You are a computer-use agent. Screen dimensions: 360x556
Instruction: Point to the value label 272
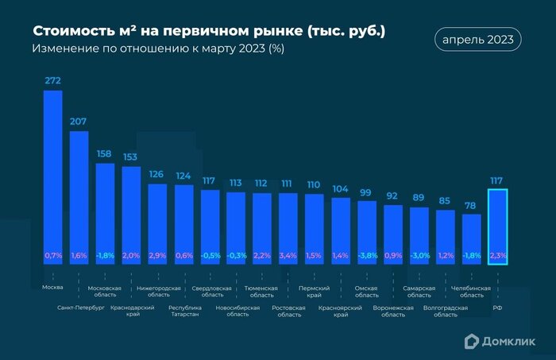point(52,80)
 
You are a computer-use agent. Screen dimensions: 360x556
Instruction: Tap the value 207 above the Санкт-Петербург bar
point(79,122)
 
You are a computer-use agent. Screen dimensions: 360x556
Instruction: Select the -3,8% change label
point(367,256)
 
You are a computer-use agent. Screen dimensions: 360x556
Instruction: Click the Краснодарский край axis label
point(131,309)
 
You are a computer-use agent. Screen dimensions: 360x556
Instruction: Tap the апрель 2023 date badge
point(478,39)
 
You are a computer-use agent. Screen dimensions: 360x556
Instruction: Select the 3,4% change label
point(288,256)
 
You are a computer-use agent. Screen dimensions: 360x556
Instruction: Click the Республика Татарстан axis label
point(183,309)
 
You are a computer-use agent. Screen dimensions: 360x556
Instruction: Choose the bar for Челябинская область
point(472,238)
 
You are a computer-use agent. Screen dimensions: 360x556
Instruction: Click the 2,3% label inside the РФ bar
point(497,256)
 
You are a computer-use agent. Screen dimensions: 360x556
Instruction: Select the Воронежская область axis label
point(393,309)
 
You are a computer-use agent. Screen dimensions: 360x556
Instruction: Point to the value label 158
point(105,153)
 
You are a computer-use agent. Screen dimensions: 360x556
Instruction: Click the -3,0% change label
point(419,256)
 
